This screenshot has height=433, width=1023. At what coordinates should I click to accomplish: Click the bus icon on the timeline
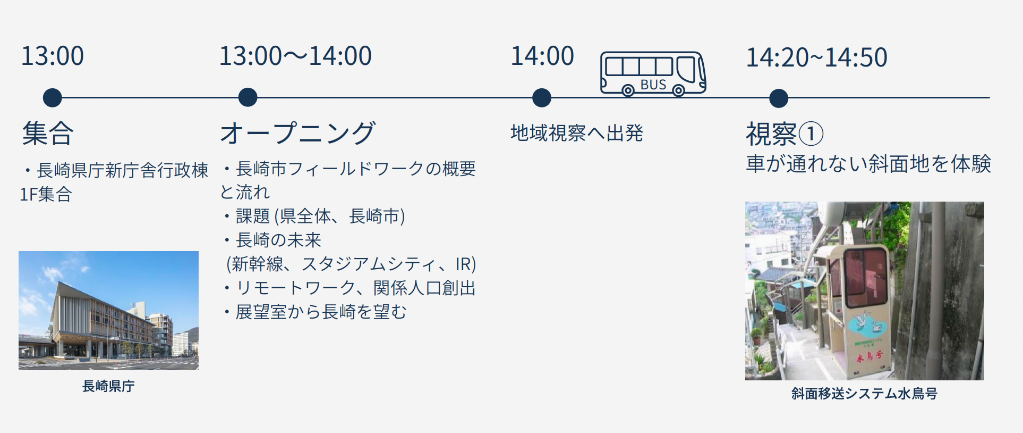pyautogui.click(x=653, y=73)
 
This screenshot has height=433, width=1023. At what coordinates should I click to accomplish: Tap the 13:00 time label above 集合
pyautogui.click(x=53, y=56)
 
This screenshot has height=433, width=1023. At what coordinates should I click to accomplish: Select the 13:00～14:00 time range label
pyautogui.click(x=295, y=56)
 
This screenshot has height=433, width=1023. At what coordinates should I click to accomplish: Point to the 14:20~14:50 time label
pyautogui.click(x=816, y=57)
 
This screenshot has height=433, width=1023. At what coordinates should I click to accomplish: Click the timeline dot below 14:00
pyautogui.click(x=541, y=98)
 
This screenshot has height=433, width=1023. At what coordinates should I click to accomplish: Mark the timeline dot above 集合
pyautogui.click(x=52, y=98)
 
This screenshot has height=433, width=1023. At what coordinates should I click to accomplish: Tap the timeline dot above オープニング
pyautogui.click(x=248, y=98)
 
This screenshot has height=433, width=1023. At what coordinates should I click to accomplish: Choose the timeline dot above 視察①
pyautogui.click(x=779, y=98)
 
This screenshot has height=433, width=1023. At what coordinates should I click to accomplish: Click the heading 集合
pyautogui.click(x=48, y=133)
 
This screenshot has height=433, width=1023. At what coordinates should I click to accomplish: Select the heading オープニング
pyautogui.click(x=298, y=132)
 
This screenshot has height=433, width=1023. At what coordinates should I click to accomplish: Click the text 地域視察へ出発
pyautogui.click(x=577, y=133)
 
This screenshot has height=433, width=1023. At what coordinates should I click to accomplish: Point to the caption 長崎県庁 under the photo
pyautogui.click(x=108, y=386)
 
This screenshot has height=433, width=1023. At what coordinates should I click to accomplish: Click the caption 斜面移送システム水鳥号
pyautogui.click(x=864, y=394)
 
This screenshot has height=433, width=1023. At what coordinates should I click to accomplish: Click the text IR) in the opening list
pyautogui.click(x=465, y=264)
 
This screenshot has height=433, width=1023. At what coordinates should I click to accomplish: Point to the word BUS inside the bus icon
pyautogui.click(x=653, y=85)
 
